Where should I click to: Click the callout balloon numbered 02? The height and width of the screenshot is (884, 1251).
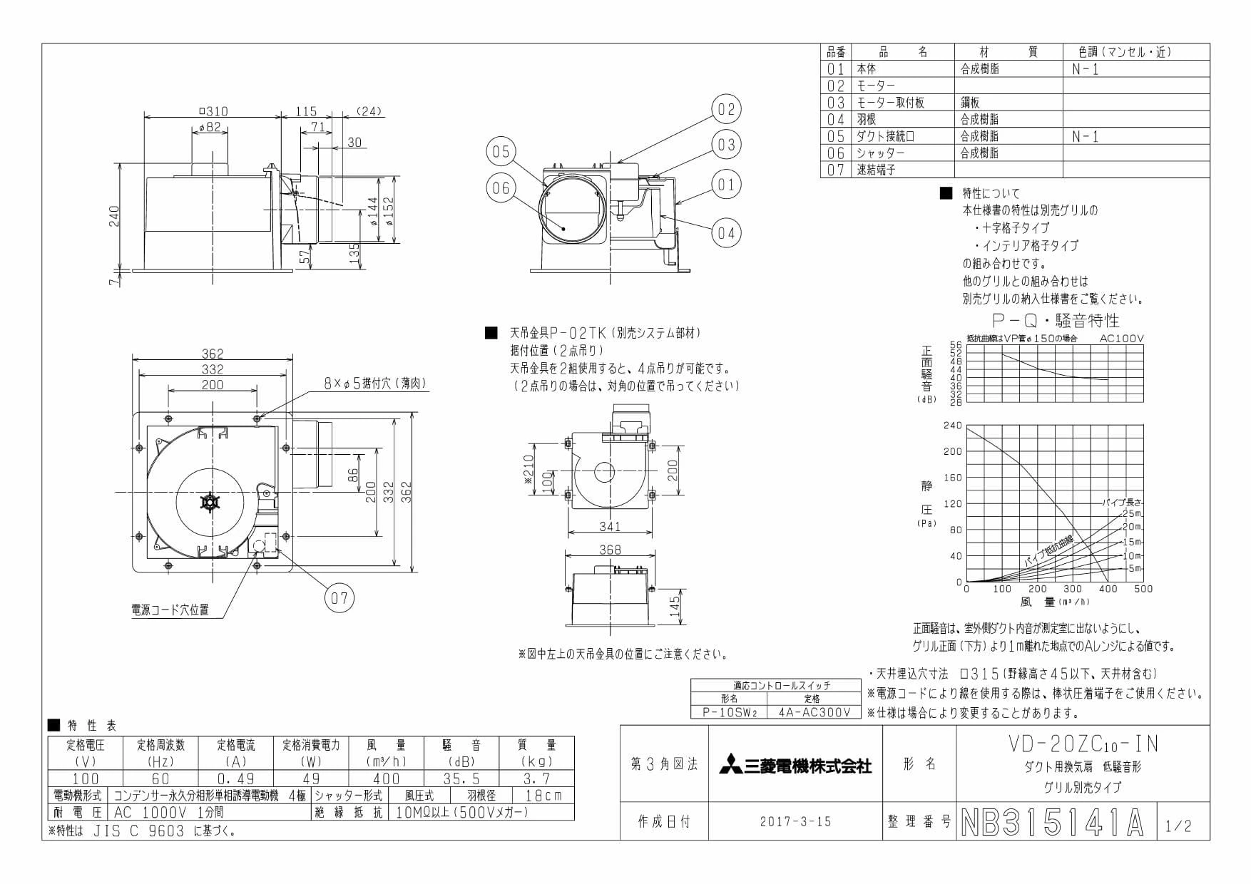[726, 109]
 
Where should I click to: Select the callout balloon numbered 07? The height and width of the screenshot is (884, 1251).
[339, 597]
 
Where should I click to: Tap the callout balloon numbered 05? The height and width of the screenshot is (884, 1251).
[501, 151]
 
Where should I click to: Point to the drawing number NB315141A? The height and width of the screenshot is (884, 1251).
[1053, 823]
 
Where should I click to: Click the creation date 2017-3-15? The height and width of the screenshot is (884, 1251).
[795, 821]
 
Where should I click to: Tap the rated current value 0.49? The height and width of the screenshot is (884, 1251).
[235, 778]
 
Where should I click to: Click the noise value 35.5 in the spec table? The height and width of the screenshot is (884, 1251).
[461, 778]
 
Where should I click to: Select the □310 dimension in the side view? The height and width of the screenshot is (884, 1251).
[213, 111]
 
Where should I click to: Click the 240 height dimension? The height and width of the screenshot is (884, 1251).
[114, 217]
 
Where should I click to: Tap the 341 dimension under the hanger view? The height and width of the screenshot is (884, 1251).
[610, 526]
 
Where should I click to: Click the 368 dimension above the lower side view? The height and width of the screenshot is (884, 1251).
[610, 549]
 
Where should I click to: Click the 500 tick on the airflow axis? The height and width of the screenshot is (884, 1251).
[1143, 589]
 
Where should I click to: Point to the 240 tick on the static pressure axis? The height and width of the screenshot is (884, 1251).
[953, 426]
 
